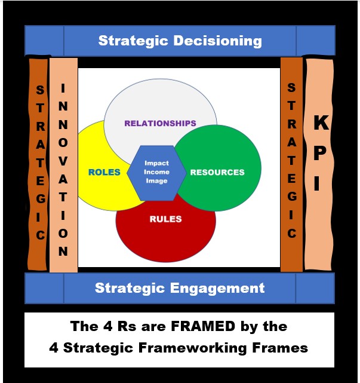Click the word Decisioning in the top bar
[x=218, y=41]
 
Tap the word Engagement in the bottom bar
[x=217, y=288]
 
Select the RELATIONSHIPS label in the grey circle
[x=161, y=123]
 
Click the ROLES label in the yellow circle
[x=104, y=172]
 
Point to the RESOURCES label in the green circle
[x=217, y=172]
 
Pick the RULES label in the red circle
[x=166, y=219]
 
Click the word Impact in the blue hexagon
[x=156, y=163]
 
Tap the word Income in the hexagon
[x=156, y=172]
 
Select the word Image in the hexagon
[x=156, y=181]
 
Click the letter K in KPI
[x=321, y=122]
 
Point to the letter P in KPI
[x=319, y=153]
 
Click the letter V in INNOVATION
[x=63, y=161]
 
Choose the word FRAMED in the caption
[x=203, y=326]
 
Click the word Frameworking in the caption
[x=193, y=348]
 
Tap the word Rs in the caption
[x=127, y=326]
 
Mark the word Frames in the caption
[x=280, y=348]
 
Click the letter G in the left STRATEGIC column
[x=41, y=198]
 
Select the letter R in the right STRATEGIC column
[x=292, y=124]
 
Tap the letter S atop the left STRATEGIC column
[x=40, y=90]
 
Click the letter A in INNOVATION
[x=63, y=179]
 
